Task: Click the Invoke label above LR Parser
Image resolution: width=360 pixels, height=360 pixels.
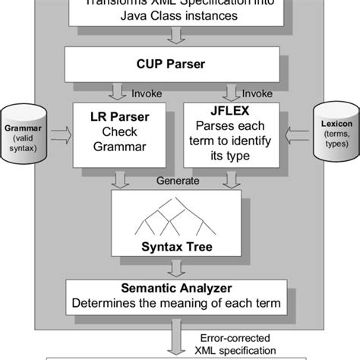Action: pyautogui.click(x=146, y=94)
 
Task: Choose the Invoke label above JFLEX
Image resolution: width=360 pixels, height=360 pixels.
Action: pyautogui.click(x=256, y=94)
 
